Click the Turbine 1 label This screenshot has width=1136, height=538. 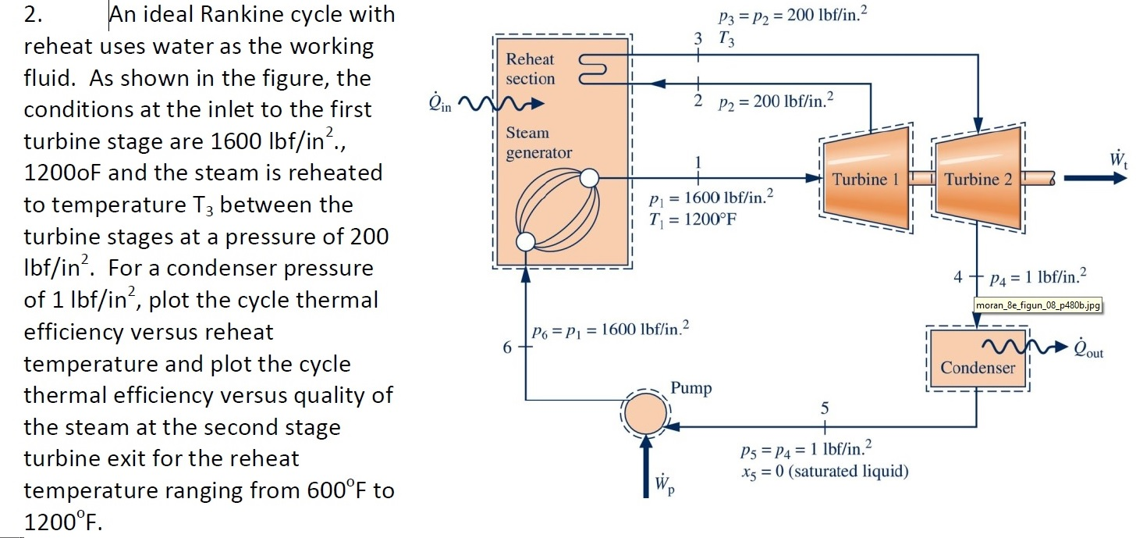tap(865, 179)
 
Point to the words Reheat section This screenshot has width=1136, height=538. tap(530, 69)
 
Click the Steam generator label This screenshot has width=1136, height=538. tap(538, 143)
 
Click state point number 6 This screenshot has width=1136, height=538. tap(507, 347)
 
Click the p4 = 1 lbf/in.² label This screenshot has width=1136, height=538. tap(1037, 276)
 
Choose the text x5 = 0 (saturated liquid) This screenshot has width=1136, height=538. tap(824, 471)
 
